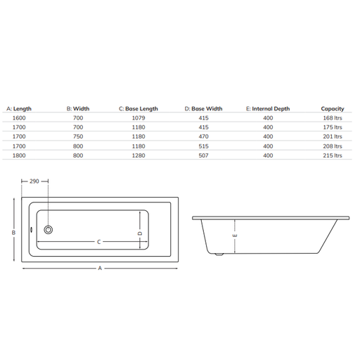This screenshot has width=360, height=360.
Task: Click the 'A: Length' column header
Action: tap(19, 109)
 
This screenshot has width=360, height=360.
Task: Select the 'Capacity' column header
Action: tap(333, 109)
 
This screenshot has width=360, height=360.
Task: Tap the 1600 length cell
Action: tap(19, 118)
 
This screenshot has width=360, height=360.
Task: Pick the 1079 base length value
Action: tap(139, 118)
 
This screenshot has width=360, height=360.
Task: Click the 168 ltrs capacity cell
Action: tap(333, 118)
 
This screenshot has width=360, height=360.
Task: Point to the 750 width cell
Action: tap(78, 136)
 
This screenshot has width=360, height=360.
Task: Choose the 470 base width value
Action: tap(203, 136)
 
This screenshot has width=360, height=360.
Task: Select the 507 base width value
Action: tap(203, 155)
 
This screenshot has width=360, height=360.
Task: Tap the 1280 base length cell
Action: tap(139, 155)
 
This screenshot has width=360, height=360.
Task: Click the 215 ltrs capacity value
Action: tap(333, 155)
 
